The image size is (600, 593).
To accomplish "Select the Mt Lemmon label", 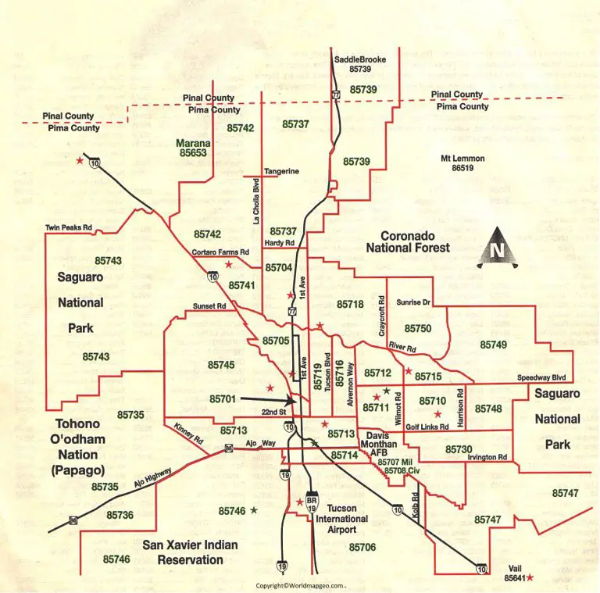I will pos(462,159).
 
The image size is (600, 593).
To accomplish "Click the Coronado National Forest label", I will pos(408,241).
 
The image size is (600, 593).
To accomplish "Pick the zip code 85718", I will pos(350,304).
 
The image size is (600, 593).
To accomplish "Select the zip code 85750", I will pos(417,328).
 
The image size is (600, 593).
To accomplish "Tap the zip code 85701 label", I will pos(223,398).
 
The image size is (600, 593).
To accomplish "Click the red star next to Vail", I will pos(530,578).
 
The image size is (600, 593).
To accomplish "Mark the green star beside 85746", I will pos(254,510).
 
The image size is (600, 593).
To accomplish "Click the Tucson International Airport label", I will pos(342,519).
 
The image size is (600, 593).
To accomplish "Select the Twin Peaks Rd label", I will pos(69,228).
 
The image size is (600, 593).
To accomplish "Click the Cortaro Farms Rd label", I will pos(220,252).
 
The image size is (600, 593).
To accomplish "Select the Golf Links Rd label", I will pos(427,427).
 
